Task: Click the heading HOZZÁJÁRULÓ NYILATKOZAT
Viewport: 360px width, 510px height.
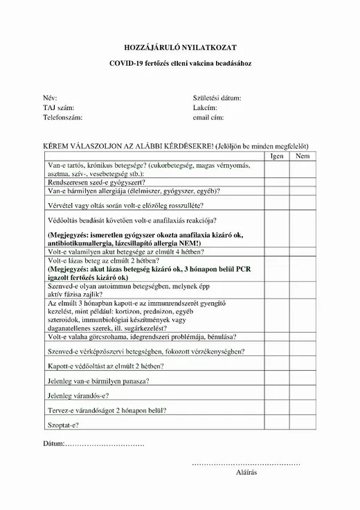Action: (179, 47)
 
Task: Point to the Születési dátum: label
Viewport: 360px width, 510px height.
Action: (217, 98)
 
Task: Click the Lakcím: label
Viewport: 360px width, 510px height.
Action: (206, 108)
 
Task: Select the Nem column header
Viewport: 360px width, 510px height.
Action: (303, 156)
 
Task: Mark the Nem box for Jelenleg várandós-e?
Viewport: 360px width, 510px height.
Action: (303, 396)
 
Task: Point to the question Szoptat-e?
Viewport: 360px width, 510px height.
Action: (63, 423)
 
